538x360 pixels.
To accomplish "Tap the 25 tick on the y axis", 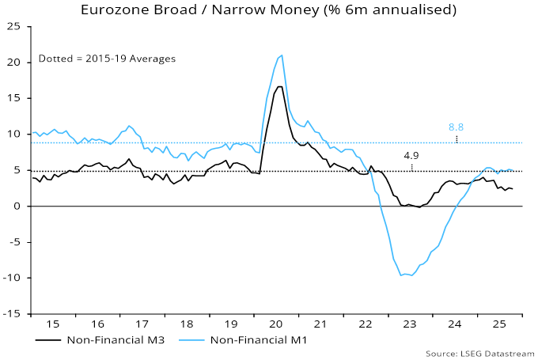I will click(x=14, y=26).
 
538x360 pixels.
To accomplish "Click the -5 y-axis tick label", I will click(x=14, y=242).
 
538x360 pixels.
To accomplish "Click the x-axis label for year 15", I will click(x=52, y=325).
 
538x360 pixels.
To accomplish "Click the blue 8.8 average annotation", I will click(x=456, y=127).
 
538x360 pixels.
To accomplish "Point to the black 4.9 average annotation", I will click(x=411, y=156).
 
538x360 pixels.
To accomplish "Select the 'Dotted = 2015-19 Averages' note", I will click(x=107, y=59).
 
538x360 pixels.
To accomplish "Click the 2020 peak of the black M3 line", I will click(x=280, y=86).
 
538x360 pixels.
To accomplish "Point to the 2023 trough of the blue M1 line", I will click(x=402, y=275).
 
